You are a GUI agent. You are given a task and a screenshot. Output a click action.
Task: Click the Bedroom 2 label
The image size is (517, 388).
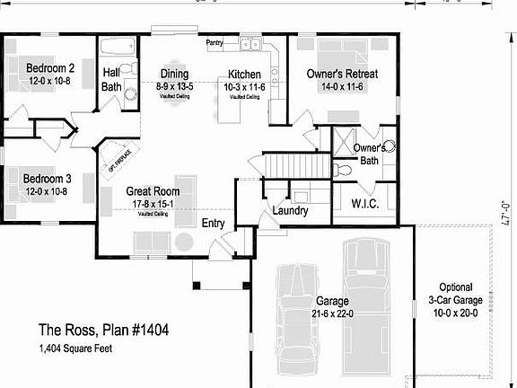pos(49,68)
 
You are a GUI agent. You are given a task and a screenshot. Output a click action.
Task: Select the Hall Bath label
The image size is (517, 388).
pos(112,79)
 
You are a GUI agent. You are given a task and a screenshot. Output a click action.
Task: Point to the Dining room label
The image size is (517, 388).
pos(174,74)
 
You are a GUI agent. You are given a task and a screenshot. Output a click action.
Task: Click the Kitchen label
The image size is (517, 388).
pos(244,74)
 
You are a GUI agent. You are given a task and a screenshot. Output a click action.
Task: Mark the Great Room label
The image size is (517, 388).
pos(153,191)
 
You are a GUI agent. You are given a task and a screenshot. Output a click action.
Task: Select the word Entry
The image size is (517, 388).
pos(213,223)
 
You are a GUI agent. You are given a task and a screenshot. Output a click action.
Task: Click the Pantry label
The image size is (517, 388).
pos(215,42)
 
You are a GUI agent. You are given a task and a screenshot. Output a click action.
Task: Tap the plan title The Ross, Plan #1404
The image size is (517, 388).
pos(103,330)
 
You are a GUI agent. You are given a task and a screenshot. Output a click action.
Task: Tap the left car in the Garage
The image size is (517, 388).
pos(295,314)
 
